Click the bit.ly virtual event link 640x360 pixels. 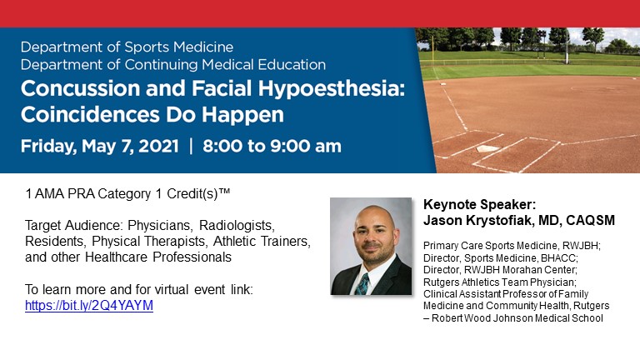[89, 305]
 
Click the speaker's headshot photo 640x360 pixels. [371, 246]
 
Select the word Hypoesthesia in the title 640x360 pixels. [334, 88]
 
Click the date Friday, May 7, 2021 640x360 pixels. [99, 146]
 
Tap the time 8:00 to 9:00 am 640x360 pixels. [272, 146]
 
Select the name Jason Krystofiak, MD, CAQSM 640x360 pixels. [519, 220]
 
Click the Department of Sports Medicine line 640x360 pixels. [127, 47]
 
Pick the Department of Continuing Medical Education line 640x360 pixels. [172, 64]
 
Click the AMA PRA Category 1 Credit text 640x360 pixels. [127, 193]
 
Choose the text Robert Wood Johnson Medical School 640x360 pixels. [517, 317]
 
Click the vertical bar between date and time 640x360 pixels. [191, 146]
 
